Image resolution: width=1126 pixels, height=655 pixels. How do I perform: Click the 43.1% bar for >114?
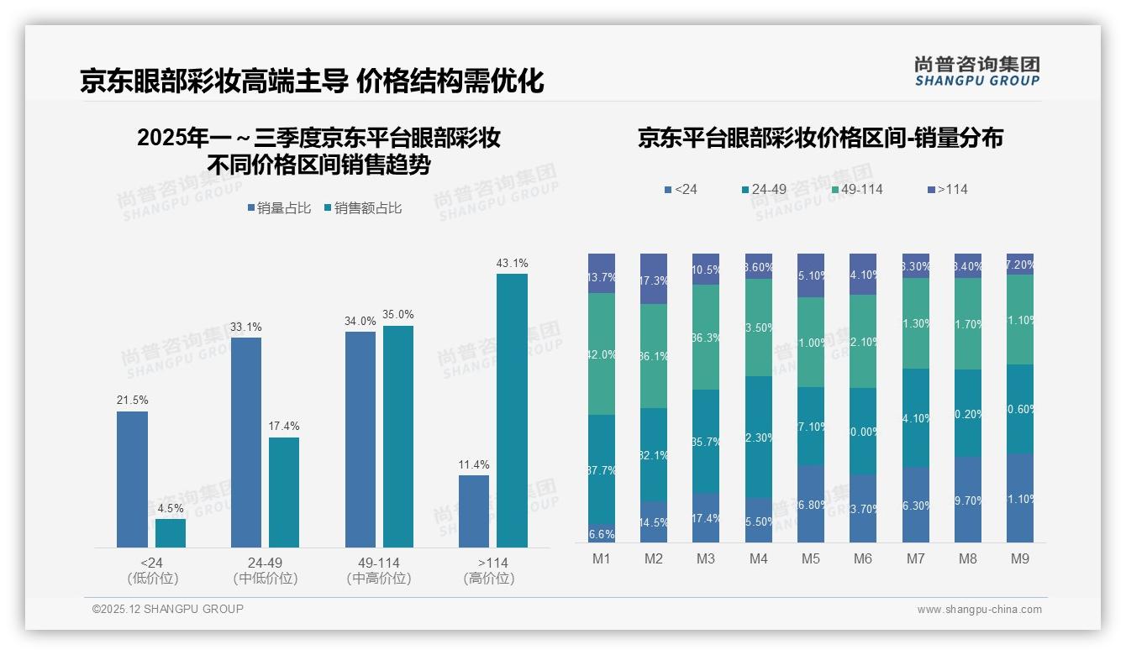coord(512,411)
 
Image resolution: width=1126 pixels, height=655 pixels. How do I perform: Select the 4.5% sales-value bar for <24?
coord(171,533)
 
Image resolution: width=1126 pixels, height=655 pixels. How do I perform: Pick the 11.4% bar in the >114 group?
coord(473,511)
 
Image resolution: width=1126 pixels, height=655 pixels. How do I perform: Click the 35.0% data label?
coord(398,315)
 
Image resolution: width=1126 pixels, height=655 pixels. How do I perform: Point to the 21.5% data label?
coord(132,401)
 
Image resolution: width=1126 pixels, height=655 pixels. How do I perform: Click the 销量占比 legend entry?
coord(279,208)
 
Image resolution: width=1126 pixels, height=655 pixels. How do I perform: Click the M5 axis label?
coord(810,558)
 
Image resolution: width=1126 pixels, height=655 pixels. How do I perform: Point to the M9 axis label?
coord(1019,558)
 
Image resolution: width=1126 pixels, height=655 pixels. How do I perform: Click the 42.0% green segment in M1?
coord(602,354)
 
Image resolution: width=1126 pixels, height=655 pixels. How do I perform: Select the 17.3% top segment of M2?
coord(654,279)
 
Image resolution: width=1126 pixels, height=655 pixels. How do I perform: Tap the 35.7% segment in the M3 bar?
coord(706,441)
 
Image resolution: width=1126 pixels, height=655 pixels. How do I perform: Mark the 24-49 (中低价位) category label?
coord(265,570)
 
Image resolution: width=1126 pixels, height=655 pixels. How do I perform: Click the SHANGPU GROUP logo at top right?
coord(976,71)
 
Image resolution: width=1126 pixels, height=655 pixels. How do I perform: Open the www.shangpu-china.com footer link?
coord(979,610)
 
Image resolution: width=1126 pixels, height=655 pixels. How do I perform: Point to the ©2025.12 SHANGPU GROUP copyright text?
coord(168,609)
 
